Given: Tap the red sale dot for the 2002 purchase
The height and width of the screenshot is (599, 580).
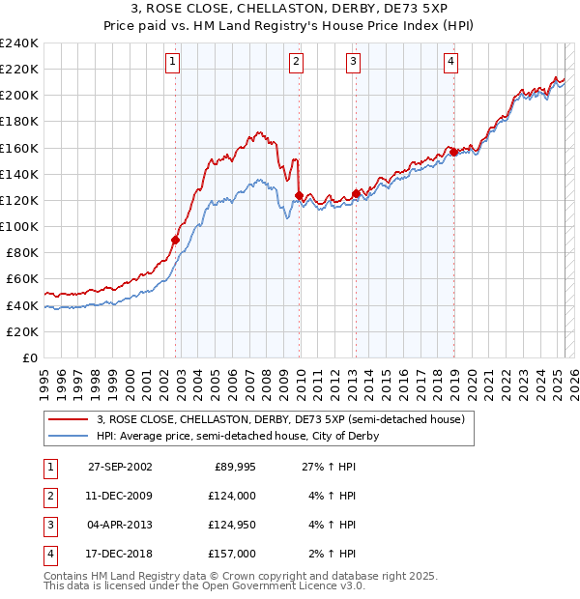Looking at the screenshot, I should (176, 240).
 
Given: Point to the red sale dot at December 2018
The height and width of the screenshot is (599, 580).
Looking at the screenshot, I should (453, 152).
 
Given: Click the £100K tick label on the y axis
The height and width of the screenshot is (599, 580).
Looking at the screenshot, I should (19, 226).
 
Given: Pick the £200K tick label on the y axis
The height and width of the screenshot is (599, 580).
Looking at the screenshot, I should (19, 95).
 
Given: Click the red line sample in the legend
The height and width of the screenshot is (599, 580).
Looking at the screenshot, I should (68, 419).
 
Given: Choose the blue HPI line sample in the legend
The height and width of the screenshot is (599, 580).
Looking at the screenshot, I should (68, 436).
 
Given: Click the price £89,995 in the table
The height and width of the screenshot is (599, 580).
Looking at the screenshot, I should (233, 466).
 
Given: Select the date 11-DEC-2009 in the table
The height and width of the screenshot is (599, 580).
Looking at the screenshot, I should (120, 496).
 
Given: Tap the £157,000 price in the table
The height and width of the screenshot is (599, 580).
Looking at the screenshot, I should (233, 554).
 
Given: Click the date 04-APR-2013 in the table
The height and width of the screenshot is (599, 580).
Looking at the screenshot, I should (120, 525).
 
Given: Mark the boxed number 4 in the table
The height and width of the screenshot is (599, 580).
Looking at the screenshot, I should (49, 554).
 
